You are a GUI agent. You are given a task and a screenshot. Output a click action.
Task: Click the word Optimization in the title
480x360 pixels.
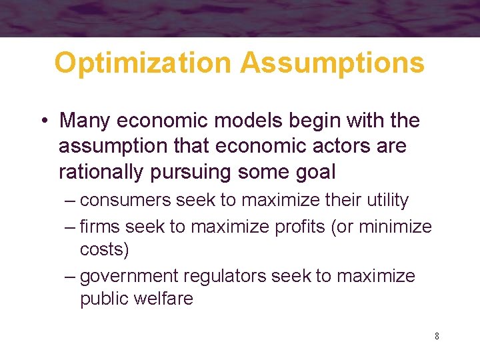coord(142,63)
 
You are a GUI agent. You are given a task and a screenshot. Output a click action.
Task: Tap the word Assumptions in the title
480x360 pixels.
coord(332,63)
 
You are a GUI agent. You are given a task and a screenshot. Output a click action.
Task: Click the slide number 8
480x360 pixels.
coord(437,336)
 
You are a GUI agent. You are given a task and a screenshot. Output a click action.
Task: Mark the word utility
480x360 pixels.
coord(384,200)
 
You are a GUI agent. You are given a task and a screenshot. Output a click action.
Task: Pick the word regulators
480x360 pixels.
coord(223,276)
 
